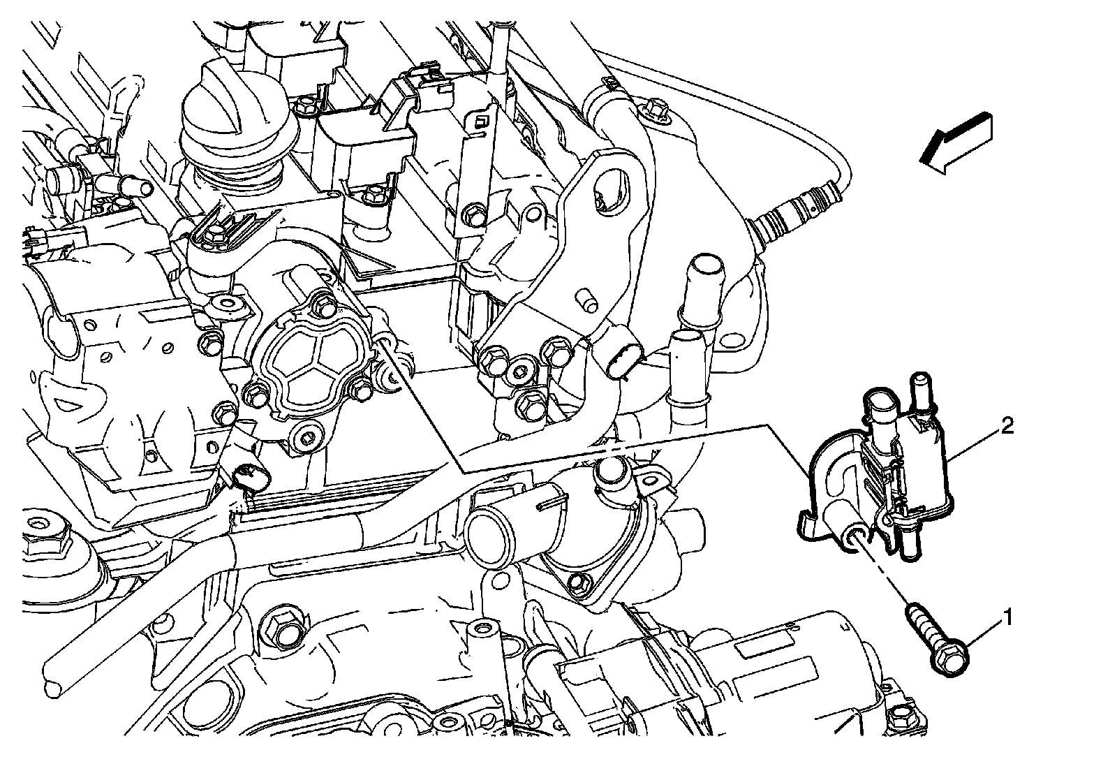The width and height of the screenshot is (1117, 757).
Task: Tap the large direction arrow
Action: tap(956, 144)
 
